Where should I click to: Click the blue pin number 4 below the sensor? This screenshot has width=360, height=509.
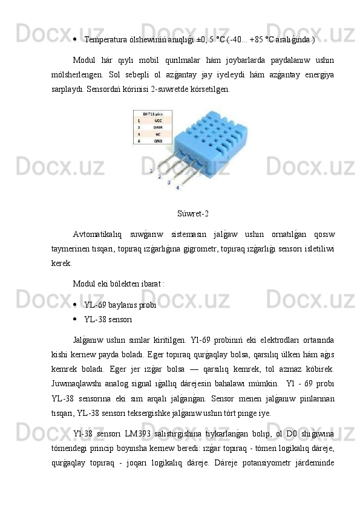pyautogui.click(x=177, y=188)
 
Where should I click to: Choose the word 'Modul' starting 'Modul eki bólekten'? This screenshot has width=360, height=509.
pyautogui.click(x=83, y=282)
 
